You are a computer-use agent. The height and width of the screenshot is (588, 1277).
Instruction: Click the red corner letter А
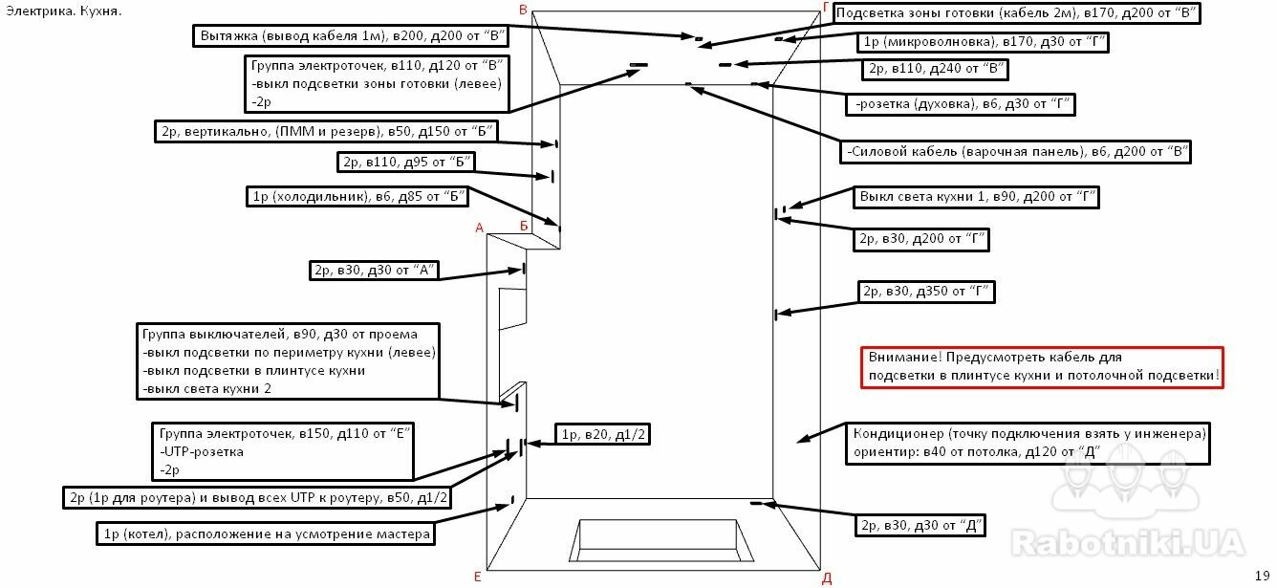[480, 228]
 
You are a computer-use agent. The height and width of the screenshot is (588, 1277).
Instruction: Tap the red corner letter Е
[476, 577]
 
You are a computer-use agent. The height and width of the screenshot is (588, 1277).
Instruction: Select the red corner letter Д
[827, 578]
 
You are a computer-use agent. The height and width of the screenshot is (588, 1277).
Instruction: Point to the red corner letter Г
[826, 8]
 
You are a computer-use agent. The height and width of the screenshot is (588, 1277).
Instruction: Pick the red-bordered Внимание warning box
[1042, 366]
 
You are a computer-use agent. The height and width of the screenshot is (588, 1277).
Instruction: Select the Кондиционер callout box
[1030, 443]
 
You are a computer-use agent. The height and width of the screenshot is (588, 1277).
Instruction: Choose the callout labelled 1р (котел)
[263, 533]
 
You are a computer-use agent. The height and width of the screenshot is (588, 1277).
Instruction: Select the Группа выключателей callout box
[290, 361]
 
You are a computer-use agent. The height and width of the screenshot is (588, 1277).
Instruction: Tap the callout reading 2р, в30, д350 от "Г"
[925, 292]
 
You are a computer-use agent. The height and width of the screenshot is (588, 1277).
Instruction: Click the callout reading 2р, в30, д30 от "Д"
[920, 525]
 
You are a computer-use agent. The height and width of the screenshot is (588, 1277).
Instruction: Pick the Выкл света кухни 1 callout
[975, 198]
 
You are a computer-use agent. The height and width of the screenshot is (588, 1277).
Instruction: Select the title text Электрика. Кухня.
[63, 11]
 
